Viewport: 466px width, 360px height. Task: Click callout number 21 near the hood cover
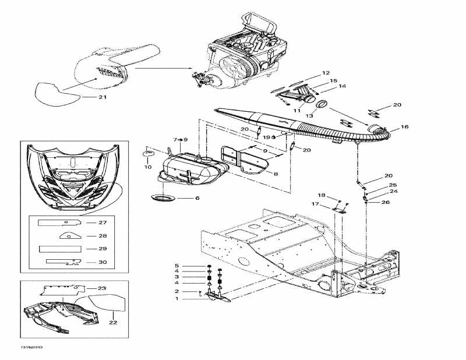tap(103, 97)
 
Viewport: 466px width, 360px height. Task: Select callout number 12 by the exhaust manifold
tap(326, 73)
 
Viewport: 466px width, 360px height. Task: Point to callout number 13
tap(310, 116)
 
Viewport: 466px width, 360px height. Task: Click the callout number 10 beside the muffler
tap(148, 167)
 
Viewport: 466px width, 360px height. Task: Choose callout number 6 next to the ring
tap(197, 198)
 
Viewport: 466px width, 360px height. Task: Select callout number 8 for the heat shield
tap(275, 174)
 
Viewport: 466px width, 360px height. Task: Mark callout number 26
tap(385, 203)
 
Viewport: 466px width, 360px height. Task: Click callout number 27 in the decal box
tap(103, 223)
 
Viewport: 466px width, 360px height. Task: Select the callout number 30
tap(103, 262)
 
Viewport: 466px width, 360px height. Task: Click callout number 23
tap(101, 288)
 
